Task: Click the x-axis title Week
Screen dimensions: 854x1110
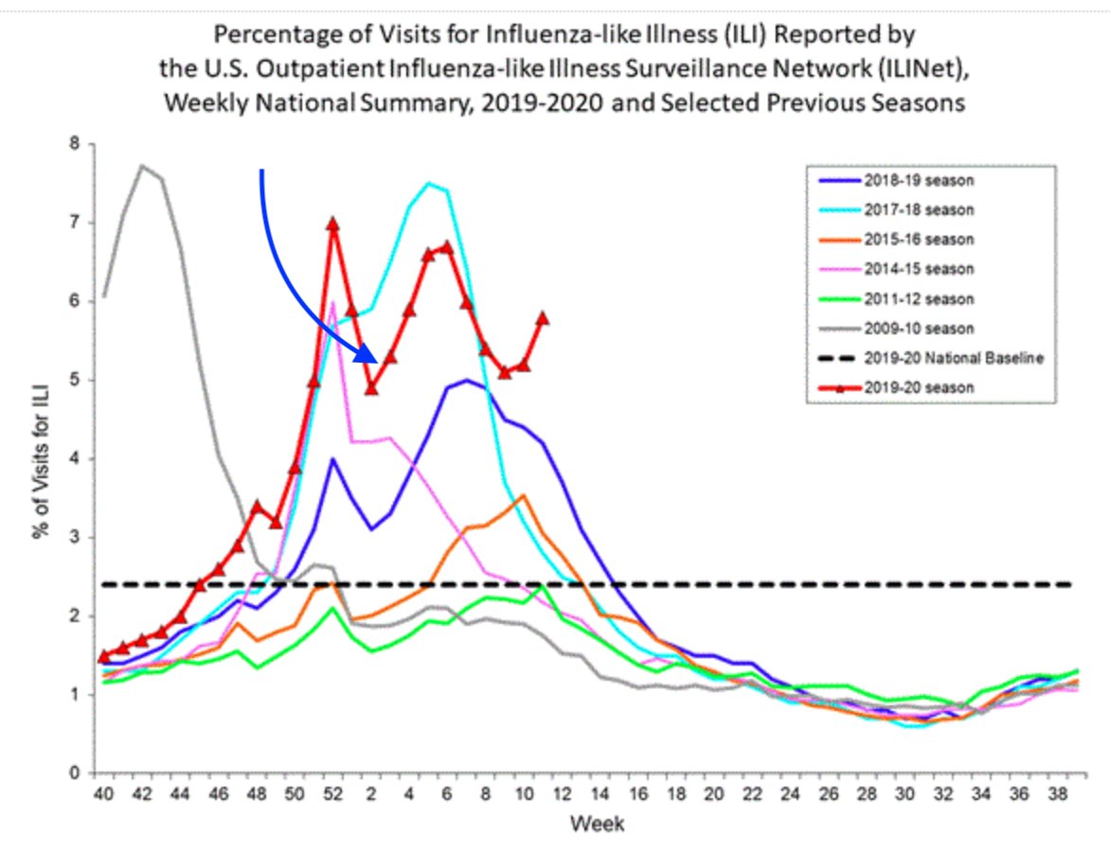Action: tap(596, 825)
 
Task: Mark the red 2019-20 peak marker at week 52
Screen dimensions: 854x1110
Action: tap(332, 224)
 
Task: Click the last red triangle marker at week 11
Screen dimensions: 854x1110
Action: tap(542, 318)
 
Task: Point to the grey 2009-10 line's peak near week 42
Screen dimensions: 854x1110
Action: tap(142, 166)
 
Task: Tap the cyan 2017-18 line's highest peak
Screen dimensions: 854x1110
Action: tap(429, 184)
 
